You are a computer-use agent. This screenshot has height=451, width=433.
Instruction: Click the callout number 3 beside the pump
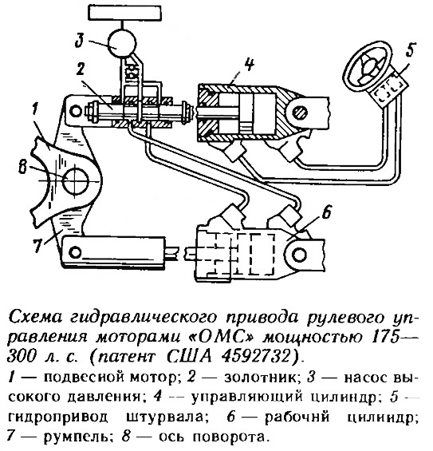click(80, 41)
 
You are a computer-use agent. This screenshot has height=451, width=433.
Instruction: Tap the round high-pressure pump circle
click(121, 43)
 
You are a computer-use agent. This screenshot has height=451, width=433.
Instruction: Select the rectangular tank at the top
click(124, 13)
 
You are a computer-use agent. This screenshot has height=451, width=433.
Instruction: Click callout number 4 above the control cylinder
click(250, 64)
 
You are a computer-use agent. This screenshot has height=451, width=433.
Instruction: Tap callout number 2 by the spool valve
click(81, 70)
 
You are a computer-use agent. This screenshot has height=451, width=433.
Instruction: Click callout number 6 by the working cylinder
click(327, 212)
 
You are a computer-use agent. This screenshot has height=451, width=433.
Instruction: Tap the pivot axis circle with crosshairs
click(76, 181)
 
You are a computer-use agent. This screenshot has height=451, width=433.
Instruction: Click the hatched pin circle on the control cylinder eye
click(300, 113)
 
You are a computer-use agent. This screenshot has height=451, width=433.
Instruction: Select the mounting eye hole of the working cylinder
click(299, 255)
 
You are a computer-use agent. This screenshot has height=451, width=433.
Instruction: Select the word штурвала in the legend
click(167, 417)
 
